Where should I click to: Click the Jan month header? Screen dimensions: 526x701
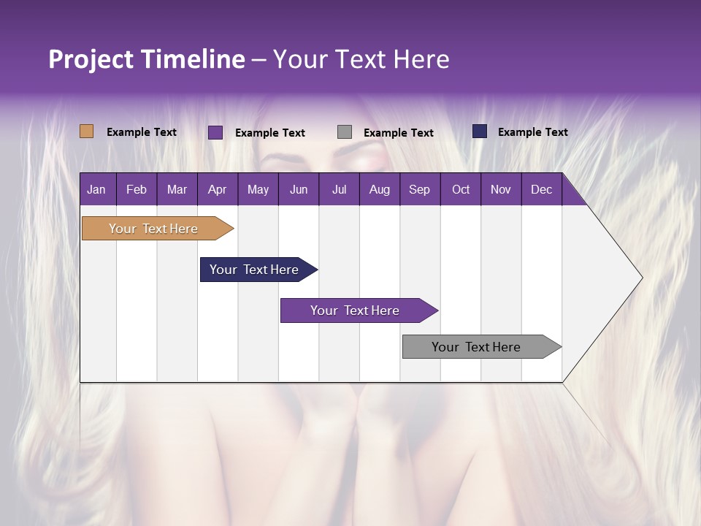(96, 189)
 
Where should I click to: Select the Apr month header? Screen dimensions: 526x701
(217, 189)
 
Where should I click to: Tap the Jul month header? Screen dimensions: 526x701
(339, 189)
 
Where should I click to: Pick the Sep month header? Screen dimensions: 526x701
(419, 189)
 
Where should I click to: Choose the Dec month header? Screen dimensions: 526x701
(541, 189)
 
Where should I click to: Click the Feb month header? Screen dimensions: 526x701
(137, 189)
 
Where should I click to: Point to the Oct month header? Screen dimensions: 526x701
(461, 189)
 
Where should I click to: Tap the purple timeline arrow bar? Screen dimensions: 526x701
(356, 310)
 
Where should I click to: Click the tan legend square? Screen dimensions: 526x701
(86, 131)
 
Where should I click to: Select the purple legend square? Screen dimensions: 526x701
(215, 132)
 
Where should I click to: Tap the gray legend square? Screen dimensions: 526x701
(345, 132)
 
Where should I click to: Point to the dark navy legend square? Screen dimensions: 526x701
(480, 131)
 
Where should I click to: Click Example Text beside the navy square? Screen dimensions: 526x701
(532, 132)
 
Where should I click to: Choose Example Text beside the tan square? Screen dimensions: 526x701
(141, 132)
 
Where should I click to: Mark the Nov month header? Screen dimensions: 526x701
(500, 189)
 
